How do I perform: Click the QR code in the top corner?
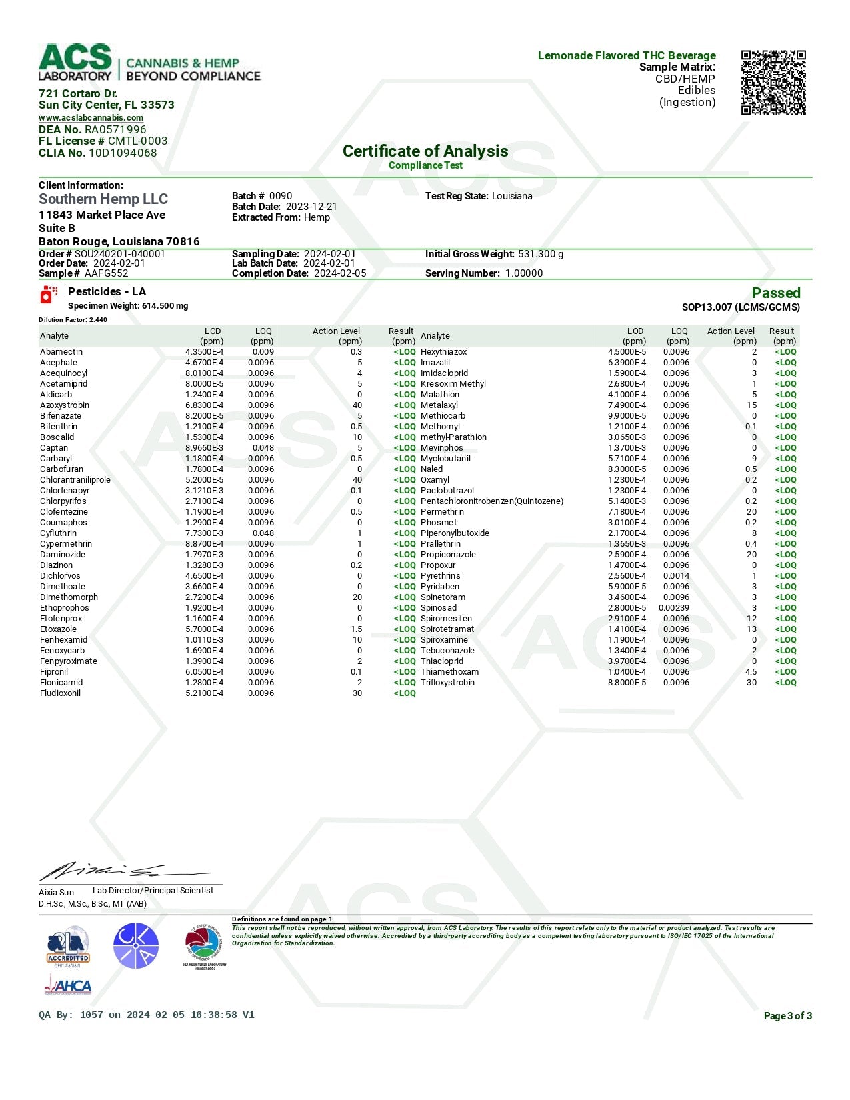click(x=773, y=83)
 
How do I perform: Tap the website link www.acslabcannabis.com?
click(x=91, y=118)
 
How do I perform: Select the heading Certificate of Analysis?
click(x=425, y=151)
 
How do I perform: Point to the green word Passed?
click(x=775, y=293)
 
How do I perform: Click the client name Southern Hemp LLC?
click(x=103, y=199)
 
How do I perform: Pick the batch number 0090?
click(x=281, y=196)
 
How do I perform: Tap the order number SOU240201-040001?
click(x=120, y=254)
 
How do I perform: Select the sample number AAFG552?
click(x=107, y=273)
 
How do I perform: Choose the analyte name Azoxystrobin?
click(x=65, y=405)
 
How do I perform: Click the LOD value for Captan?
click(x=204, y=448)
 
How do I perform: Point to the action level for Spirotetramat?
click(x=751, y=629)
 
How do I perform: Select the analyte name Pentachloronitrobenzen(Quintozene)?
click(x=492, y=501)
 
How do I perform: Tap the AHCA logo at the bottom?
click(x=68, y=985)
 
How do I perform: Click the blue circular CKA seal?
click(x=136, y=946)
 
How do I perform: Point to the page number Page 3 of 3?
click(x=787, y=1016)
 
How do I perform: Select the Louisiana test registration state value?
click(x=512, y=196)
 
